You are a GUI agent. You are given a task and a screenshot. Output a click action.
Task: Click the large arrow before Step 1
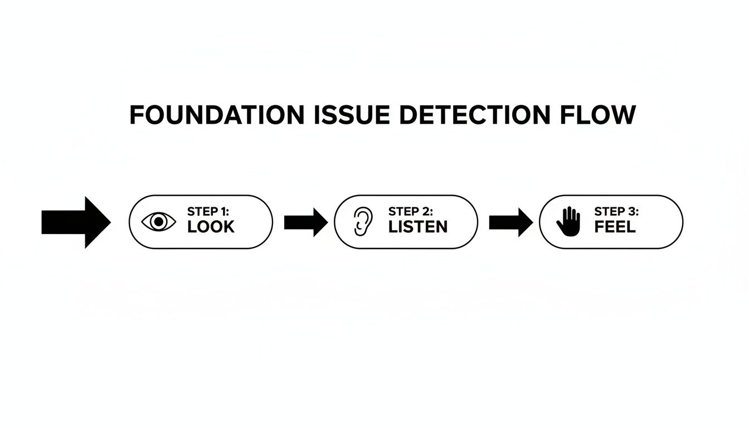click(76, 222)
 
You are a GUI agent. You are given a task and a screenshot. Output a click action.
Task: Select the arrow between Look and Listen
click(305, 222)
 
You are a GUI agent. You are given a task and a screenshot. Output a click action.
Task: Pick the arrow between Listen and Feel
click(510, 222)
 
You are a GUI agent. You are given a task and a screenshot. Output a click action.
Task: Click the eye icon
click(159, 222)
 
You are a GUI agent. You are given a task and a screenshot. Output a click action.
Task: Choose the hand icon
click(568, 221)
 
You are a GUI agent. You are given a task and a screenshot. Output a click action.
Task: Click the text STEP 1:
click(208, 211)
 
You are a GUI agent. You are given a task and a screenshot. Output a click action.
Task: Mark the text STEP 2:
click(411, 211)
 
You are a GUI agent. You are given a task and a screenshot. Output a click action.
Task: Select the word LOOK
click(211, 227)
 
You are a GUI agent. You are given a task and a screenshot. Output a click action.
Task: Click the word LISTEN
click(418, 227)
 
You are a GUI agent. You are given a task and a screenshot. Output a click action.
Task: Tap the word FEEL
click(615, 227)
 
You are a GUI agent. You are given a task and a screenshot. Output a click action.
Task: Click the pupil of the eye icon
click(159, 222)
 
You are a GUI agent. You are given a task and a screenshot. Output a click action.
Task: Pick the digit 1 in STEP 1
click(224, 211)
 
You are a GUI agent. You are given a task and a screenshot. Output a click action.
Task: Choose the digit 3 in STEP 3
click(634, 211)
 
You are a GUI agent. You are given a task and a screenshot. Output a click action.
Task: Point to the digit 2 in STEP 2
click(427, 211)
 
